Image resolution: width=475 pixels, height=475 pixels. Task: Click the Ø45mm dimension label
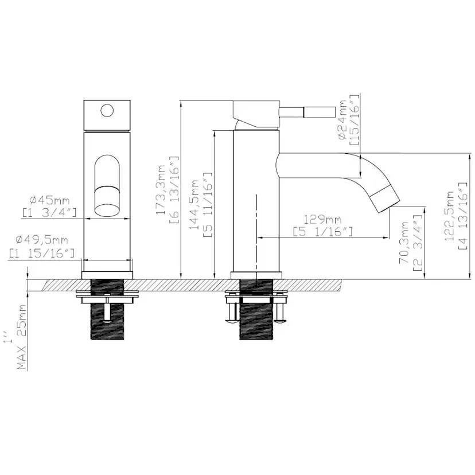(50, 200)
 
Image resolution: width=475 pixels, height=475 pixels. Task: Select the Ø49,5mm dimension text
(42, 240)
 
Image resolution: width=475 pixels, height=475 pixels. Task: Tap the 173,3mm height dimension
(161, 190)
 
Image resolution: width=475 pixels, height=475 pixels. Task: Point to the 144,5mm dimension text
(193, 204)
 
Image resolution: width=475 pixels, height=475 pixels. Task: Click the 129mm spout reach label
(322, 219)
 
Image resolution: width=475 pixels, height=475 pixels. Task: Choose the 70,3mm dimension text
(404, 242)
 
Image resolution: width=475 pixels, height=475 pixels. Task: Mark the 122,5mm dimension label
(450, 216)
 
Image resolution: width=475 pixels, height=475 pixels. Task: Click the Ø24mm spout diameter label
(342, 120)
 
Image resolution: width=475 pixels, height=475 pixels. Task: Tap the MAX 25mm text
(22, 337)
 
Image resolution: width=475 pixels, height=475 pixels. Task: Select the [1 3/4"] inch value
(49, 213)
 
